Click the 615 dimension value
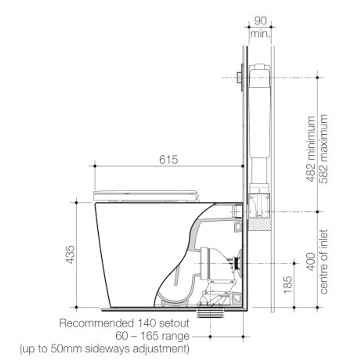click(x=168, y=160)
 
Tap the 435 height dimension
click(x=70, y=255)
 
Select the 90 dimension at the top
click(x=260, y=21)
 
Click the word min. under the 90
click(x=260, y=34)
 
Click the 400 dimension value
click(x=311, y=261)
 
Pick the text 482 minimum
click(x=311, y=148)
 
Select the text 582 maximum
click(x=323, y=148)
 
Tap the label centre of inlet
click(x=323, y=261)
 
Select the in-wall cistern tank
click(x=260, y=110)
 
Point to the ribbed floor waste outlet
click(x=210, y=314)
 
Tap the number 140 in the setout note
click(x=146, y=323)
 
